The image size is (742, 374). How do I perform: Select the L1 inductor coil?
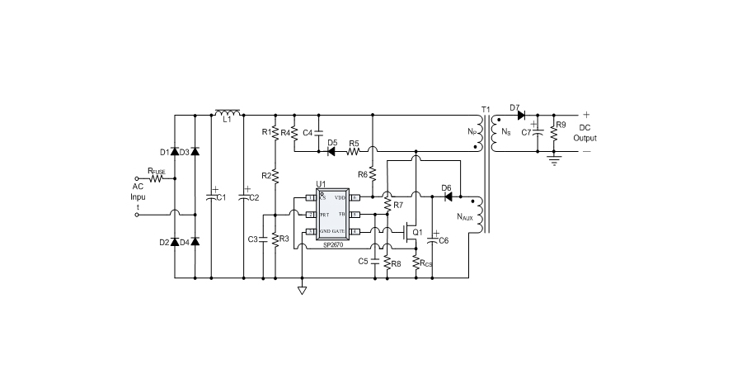click(x=227, y=112)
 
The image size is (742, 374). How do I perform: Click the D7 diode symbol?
click(x=521, y=115)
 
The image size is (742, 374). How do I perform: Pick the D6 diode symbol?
click(x=448, y=197)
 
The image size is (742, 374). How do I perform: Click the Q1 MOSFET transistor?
click(x=410, y=232)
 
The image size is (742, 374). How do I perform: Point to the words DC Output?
click(x=585, y=132)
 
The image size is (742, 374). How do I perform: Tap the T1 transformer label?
click(x=486, y=109)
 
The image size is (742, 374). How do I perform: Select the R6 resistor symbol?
click(x=373, y=174)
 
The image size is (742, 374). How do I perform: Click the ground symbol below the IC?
click(x=302, y=290)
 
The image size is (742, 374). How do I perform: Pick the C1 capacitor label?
click(x=221, y=198)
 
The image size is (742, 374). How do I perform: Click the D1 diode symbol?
click(x=175, y=152)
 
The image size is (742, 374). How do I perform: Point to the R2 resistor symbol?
click(x=275, y=174)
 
